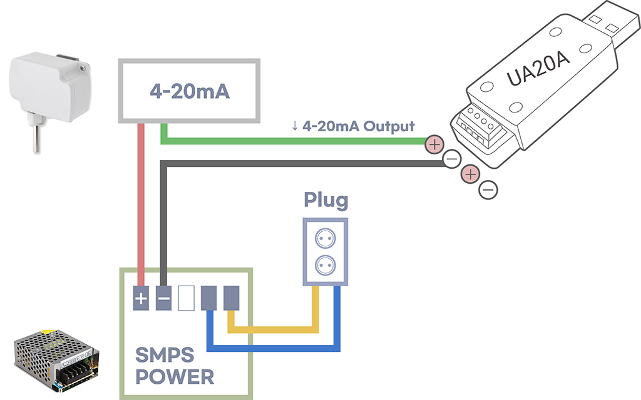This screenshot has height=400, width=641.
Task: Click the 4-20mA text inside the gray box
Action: click(x=190, y=91)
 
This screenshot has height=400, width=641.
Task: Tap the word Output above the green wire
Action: click(x=389, y=126)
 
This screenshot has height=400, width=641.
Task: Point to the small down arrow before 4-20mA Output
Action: click(x=295, y=126)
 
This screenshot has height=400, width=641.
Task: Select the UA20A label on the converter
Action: click(x=538, y=69)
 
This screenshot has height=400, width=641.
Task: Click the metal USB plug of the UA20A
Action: click(x=610, y=25)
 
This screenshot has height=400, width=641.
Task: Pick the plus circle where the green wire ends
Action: click(x=434, y=144)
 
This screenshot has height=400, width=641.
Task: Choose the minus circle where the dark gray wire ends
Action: click(x=452, y=158)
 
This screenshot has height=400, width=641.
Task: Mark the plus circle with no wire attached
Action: click(x=470, y=175)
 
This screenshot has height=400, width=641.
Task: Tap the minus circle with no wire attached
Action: click(x=488, y=190)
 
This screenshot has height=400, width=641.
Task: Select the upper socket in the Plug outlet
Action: click(x=326, y=238)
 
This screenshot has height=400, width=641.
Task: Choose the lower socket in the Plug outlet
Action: click(x=326, y=265)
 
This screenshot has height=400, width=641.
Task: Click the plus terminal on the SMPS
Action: click(x=141, y=298)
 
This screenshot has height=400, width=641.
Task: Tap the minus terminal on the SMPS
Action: click(x=163, y=298)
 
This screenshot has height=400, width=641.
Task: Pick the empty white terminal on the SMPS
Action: click(x=186, y=298)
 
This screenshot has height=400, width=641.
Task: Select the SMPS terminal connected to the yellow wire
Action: click(x=231, y=298)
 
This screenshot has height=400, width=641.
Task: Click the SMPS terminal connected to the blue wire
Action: click(x=208, y=298)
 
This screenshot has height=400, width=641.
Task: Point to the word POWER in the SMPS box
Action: click(x=175, y=377)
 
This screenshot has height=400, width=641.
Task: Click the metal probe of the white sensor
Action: click(x=36, y=139)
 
